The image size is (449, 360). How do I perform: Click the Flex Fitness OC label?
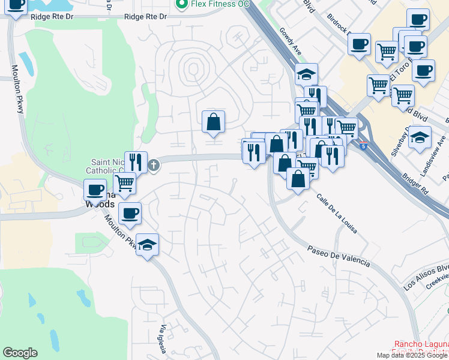coord(220,4)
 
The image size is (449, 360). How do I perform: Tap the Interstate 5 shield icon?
coord(363,145)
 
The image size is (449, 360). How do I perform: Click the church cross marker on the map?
coord(154,165)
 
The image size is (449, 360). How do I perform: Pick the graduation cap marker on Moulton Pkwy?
coord(147,245)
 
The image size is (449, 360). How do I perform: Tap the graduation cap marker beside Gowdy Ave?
coord(306,74)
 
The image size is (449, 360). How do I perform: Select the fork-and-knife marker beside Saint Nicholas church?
coord(136,162)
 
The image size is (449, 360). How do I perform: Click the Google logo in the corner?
coord(20,353)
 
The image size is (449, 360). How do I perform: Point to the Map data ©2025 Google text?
coord(412,355)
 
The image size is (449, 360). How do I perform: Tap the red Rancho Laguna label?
coord(420,350)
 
